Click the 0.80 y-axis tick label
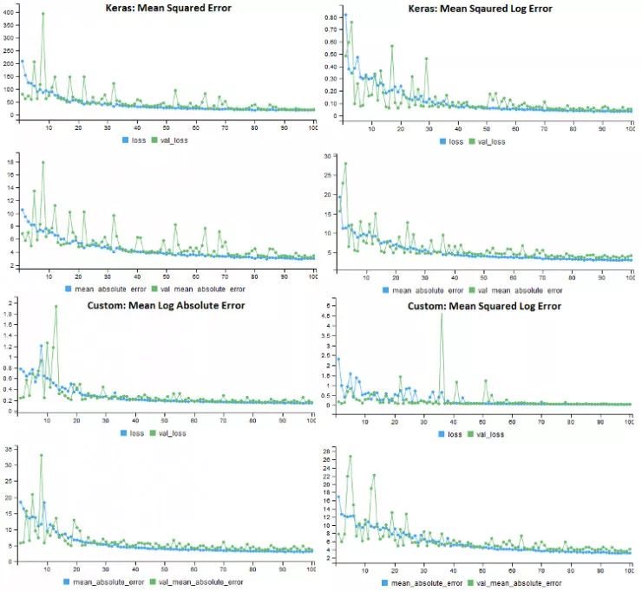(331, 16)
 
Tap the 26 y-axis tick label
(331, 451)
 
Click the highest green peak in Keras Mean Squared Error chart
(43, 14)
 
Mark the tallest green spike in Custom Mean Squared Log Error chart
(442, 315)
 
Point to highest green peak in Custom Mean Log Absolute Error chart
(56, 306)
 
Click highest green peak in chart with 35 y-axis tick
(40, 455)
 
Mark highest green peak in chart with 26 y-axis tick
(350, 456)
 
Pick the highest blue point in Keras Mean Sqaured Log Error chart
(345, 15)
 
